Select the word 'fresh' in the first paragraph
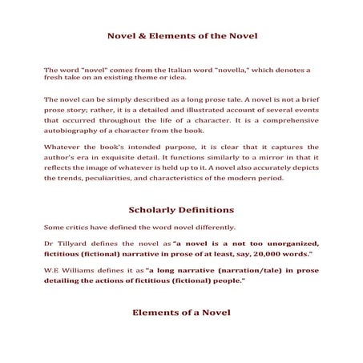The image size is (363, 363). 57,79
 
